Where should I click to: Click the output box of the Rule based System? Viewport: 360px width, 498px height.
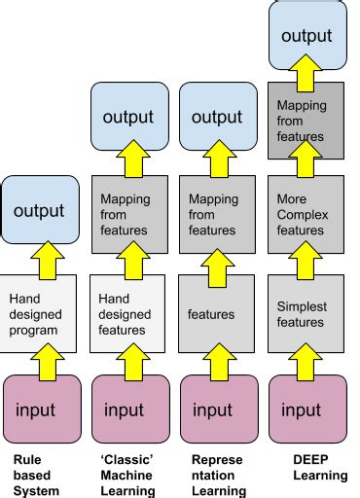click(40, 209)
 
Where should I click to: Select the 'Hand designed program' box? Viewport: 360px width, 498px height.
click(40, 314)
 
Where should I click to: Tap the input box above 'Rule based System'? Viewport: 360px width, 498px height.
click(40, 409)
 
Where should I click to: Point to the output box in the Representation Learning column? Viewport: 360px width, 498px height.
click(217, 116)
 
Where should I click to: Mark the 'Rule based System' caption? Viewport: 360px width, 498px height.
click(36, 475)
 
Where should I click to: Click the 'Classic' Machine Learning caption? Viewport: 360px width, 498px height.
click(127, 475)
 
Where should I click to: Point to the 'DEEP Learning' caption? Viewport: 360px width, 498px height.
click(320, 467)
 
